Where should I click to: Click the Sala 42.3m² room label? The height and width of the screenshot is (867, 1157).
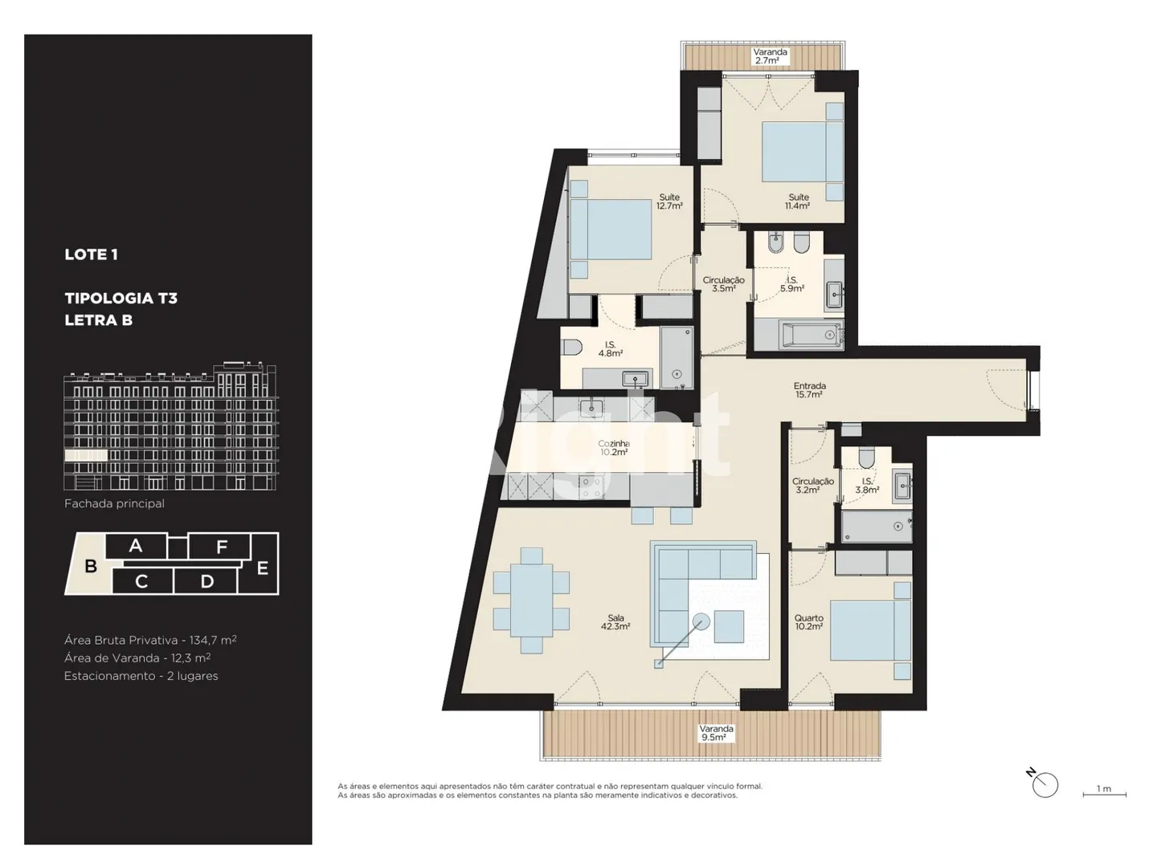615,622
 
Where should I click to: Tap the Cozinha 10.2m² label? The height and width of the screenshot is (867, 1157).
614,448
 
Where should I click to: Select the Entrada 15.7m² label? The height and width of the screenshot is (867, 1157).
809,390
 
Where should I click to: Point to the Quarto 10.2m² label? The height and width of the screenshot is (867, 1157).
808,622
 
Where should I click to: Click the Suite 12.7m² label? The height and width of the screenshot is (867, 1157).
669,201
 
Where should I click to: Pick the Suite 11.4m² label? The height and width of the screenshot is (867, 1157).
798,201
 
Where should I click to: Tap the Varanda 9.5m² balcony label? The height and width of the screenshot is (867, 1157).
717,733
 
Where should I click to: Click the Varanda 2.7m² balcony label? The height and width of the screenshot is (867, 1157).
770,56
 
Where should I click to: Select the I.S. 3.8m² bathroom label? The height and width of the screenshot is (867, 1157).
867,486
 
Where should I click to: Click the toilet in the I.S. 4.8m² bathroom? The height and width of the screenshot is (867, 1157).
571,348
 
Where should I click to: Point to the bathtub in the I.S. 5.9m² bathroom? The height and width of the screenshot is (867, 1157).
812,334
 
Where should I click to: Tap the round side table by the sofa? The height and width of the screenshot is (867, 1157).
701,621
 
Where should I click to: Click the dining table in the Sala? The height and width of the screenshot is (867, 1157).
531,600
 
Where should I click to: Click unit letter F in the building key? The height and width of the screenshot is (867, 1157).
222,547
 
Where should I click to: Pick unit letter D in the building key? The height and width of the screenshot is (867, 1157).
207,581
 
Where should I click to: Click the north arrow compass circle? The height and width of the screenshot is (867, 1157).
1045,785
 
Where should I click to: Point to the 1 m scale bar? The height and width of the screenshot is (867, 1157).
1104,795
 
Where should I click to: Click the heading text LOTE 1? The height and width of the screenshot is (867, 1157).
91,254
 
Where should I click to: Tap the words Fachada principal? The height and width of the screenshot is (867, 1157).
114,504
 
